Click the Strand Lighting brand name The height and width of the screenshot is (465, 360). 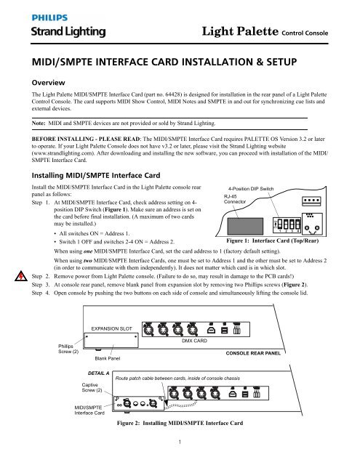[x=50, y=33]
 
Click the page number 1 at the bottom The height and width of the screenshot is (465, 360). [x=180, y=458]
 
